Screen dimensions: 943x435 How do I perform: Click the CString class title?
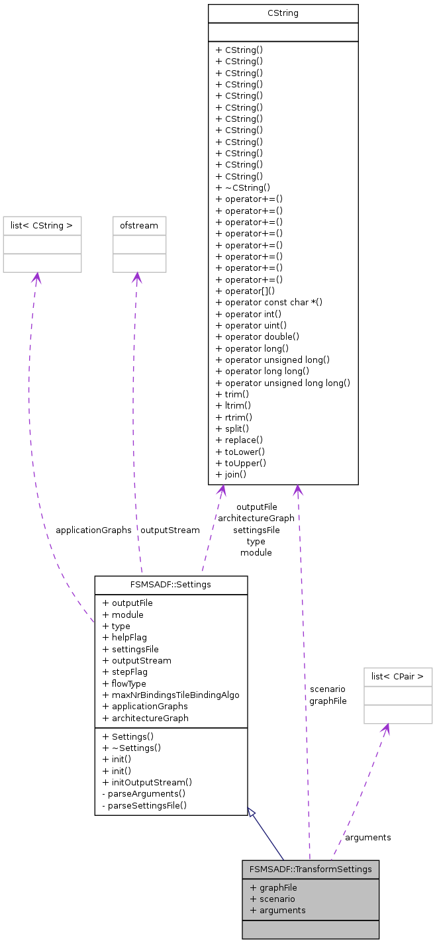(x=283, y=13)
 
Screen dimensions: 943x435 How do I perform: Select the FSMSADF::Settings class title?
(x=171, y=585)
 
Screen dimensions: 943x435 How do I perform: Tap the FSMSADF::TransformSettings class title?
(x=311, y=869)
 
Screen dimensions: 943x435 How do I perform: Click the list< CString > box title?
(x=42, y=226)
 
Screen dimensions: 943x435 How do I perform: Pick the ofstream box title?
(x=139, y=226)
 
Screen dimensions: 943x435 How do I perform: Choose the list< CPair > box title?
(x=398, y=677)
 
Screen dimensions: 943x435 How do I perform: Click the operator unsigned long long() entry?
(x=283, y=383)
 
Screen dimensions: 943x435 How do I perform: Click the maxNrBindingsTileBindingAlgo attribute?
(x=171, y=695)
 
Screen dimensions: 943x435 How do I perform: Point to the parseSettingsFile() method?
(x=144, y=805)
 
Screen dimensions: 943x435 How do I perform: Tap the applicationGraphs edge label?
(x=93, y=530)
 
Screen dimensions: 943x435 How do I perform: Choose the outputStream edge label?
(x=169, y=530)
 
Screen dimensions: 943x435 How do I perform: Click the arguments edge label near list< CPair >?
(x=367, y=837)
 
